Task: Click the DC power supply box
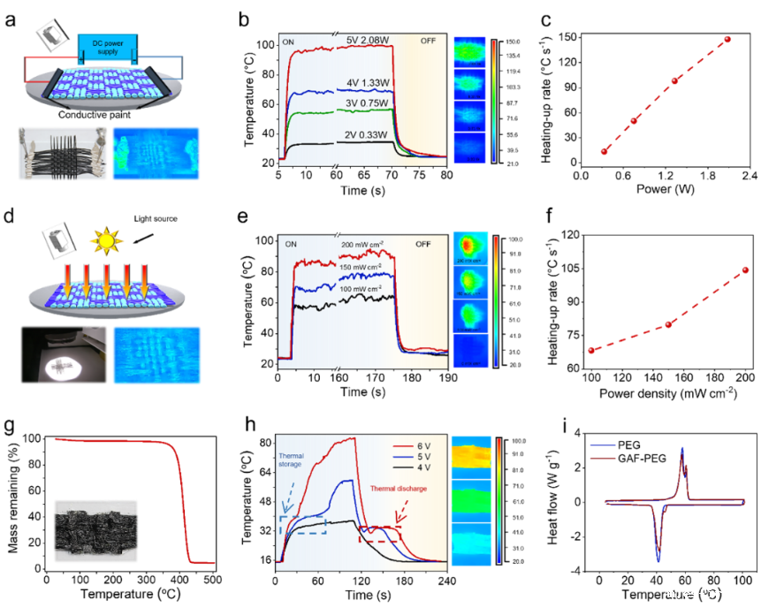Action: click(107, 46)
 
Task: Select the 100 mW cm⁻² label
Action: click(361, 289)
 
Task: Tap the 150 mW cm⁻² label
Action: click(361, 266)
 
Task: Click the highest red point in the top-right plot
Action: click(728, 39)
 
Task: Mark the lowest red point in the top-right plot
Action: click(605, 151)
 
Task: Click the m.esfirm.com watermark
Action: click(713, 594)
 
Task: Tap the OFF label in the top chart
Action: click(428, 41)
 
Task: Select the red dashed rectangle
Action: click(379, 534)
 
